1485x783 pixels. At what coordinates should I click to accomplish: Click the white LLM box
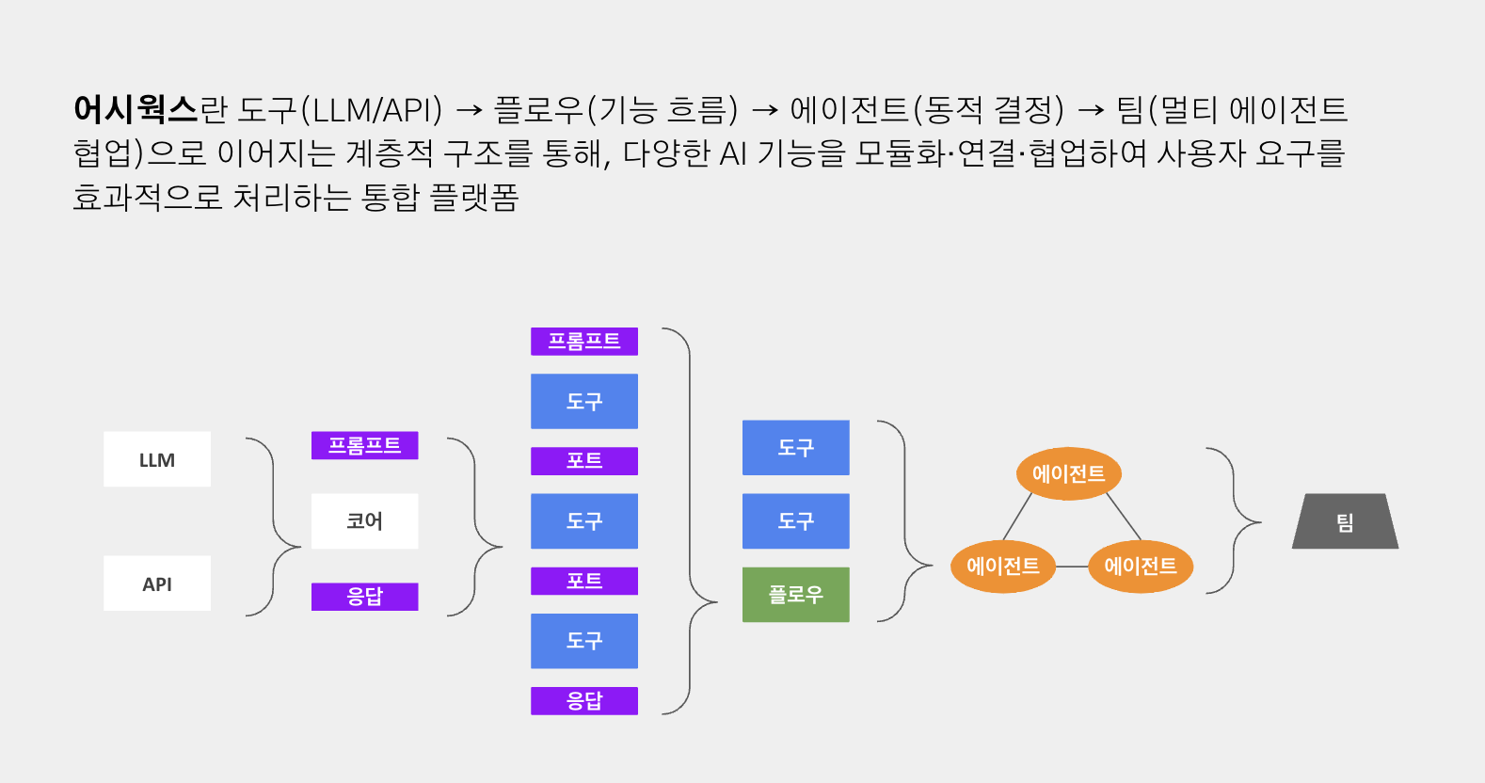coord(157,459)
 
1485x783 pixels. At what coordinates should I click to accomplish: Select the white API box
coord(157,583)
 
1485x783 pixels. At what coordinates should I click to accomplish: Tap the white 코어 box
coord(364,520)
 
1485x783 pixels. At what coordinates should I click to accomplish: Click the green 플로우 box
coord(795,594)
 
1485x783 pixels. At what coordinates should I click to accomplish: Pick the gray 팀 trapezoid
coord(1345,521)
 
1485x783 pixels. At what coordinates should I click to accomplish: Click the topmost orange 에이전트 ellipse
coord(1068,473)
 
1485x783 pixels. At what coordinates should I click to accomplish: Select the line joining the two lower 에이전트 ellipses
coord(1072,567)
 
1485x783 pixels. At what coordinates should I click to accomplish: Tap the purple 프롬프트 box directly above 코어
coord(364,445)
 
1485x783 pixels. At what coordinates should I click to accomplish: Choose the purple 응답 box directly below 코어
coord(364,597)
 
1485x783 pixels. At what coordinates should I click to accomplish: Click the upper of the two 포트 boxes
coord(583,460)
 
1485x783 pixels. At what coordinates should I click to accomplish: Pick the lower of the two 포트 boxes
coord(583,581)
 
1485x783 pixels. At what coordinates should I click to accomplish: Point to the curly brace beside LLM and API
coord(274,527)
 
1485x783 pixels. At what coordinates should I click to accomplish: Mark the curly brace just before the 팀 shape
coord(1234,520)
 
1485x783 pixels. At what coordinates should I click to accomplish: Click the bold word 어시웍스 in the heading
coord(136,109)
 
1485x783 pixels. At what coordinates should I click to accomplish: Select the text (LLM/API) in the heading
coord(371,110)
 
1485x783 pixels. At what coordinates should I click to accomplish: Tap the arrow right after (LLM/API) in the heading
coord(469,111)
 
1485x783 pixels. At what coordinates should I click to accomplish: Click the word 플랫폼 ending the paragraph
coord(474,197)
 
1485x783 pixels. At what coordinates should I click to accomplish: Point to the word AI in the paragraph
coord(733,153)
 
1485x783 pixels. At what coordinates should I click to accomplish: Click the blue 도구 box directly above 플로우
coord(795,520)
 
